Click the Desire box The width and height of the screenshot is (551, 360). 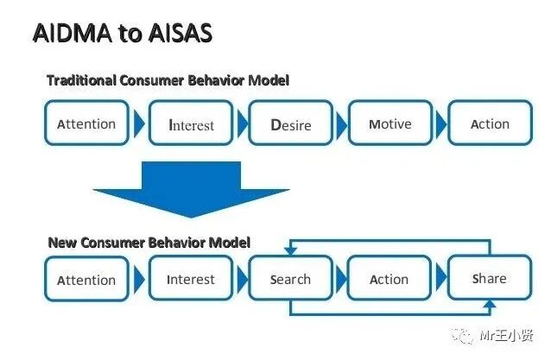(290, 124)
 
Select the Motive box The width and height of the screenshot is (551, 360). (389, 124)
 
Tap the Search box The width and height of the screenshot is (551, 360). (290, 279)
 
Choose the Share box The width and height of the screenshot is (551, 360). (489, 278)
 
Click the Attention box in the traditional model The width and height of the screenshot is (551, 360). (86, 124)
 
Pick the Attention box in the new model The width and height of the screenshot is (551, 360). (86, 280)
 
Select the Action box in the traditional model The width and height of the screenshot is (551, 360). (490, 124)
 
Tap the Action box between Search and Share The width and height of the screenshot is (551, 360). (389, 279)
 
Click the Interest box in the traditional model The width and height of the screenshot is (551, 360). (191, 124)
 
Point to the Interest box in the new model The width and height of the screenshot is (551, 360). (191, 279)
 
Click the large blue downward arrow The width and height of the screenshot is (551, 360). (191, 186)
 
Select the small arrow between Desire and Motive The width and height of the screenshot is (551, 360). (339, 124)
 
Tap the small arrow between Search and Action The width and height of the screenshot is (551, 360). (340, 279)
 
